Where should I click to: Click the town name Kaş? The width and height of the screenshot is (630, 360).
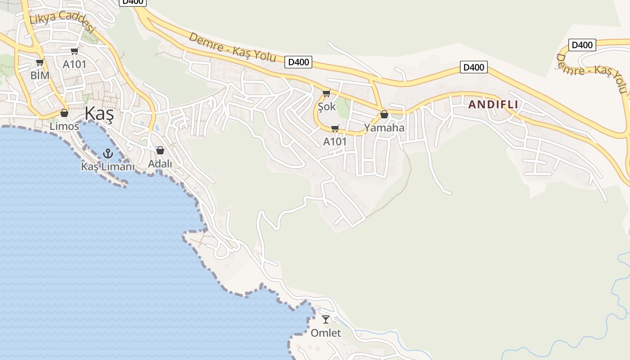tap(99, 113)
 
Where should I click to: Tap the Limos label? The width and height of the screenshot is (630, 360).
tap(64, 126)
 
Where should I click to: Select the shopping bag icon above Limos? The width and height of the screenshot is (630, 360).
tap(64, 113)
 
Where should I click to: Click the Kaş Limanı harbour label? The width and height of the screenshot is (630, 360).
tap(108, 166)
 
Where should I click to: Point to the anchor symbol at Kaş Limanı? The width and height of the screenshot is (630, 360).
tap(108, 153)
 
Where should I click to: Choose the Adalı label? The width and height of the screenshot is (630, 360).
tap(160, 164)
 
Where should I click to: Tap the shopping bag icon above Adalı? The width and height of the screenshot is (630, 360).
tap(160, 150)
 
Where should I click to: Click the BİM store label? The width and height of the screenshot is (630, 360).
tap(40, 76)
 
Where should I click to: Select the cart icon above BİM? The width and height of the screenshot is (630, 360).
tap(40, 63)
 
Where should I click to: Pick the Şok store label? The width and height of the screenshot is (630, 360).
tap(327, 107)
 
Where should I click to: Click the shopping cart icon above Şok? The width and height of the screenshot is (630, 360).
tap(326, 94)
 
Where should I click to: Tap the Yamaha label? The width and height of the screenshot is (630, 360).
tap(384, 128)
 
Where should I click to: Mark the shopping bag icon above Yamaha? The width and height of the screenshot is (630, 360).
tap(384, 115)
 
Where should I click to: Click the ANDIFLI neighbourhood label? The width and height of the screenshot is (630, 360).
tap(493, 105)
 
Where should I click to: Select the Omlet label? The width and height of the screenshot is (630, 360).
tap(326, 333)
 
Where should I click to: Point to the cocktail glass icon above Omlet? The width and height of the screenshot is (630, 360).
tap(326, 319)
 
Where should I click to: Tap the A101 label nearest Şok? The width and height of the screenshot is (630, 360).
tap(335, 142)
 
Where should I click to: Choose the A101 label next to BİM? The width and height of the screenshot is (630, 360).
tap(74, 64)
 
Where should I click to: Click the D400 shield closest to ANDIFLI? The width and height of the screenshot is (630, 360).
tap(474, 67)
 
